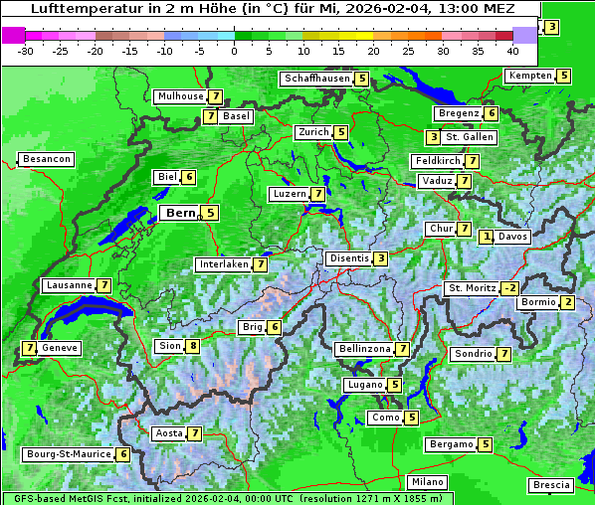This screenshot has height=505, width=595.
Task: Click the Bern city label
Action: [x=181, y=213]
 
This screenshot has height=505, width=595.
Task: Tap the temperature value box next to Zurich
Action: [x=341, y=132]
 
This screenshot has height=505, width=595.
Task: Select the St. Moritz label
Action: [x=472, y=288]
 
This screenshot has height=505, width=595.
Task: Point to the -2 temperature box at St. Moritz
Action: [x=509, y=288]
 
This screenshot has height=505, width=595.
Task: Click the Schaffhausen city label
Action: [x=317, y=79]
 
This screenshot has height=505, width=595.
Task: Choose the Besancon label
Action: [x=47, y=159]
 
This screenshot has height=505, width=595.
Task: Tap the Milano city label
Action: [x=428, y=482]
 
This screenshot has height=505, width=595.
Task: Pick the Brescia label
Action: [x=551, y=485]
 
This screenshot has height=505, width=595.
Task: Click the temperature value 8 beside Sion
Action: [x=193, y=346]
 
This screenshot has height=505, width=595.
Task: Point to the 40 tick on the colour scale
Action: [x=512, y=51]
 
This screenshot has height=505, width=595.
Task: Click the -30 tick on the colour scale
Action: [x=26, y=51]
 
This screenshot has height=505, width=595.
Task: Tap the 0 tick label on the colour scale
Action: [x=235, y=51]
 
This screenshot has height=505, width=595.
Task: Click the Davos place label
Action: [x=512, y=237]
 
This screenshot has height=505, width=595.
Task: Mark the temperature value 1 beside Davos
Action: [x=487, y=237]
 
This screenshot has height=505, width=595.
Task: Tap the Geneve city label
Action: [x=60, y=348]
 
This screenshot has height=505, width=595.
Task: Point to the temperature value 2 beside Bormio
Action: [x=567, y=302]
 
